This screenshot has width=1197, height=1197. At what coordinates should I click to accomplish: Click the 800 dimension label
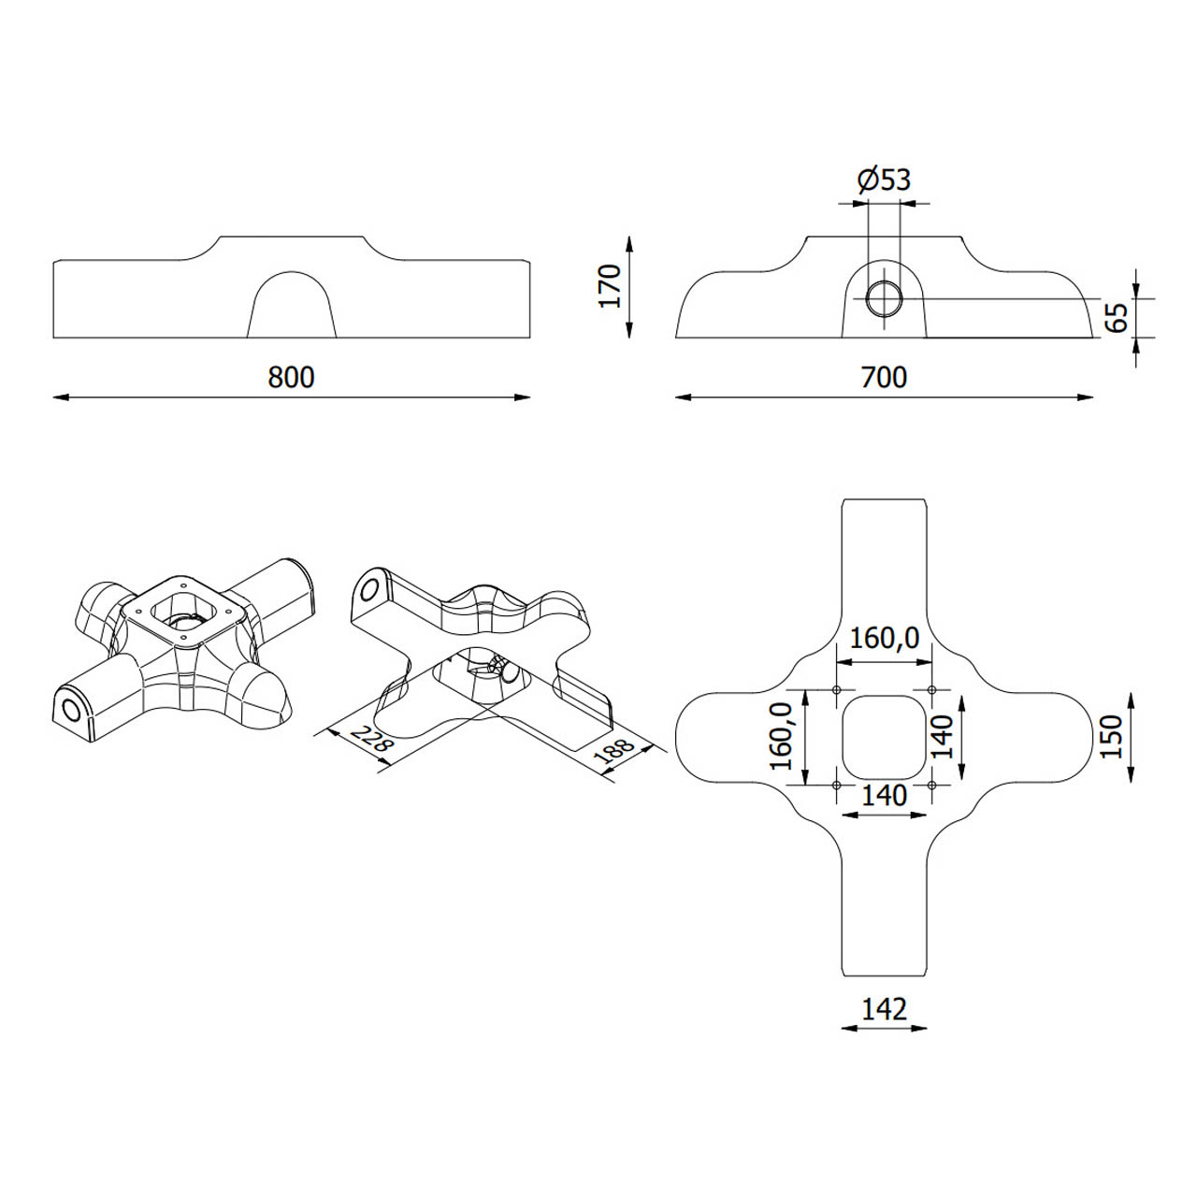tap(291, 377)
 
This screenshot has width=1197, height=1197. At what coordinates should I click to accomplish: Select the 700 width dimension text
tap(884, 377)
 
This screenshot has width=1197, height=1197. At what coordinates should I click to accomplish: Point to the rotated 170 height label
tap(610, 286)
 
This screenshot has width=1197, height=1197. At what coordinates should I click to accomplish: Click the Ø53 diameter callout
tap(884, 180)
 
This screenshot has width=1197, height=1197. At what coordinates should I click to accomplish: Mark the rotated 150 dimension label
tap(1112, 737)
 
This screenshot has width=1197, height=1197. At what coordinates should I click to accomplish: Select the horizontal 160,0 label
tap(884, 638)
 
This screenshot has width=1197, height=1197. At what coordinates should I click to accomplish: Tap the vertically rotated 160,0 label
tap(782, 737)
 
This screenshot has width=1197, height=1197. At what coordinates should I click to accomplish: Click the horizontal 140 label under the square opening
tap(884, 796)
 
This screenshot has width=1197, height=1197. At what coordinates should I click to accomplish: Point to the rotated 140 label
tap(943, 737)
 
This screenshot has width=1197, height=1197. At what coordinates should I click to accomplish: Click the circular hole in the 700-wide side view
tap(884, 298)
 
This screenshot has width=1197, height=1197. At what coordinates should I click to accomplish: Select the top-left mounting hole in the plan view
tap(836, 689)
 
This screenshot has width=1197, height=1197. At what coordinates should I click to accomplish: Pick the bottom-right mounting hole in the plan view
tap(931, 786)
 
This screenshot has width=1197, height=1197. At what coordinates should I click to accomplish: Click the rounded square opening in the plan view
tap(884, 737)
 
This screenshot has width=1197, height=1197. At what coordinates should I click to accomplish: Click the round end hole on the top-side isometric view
tap(72, 710)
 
